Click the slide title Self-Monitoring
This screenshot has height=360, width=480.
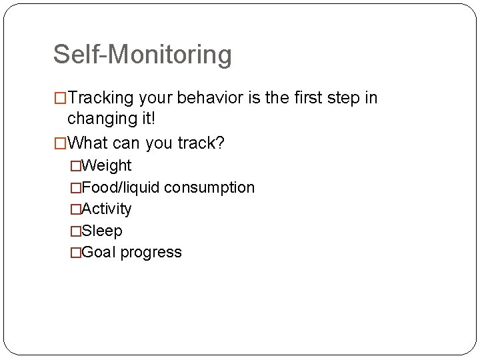[x=142, y=55]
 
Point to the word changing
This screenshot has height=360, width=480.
[x=102, y=119]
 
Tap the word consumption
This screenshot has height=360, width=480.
[x=209, y=187]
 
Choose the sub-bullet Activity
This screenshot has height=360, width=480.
[x=106, y=209]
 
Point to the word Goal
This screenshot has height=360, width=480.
[x=98, y=252]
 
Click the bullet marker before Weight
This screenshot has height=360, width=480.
[x=75, y=166]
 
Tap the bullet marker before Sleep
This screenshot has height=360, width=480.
[x=75, y=231]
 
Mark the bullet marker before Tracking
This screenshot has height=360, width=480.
[x=60, y=99]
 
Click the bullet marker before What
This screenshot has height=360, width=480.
[x=60, y=143]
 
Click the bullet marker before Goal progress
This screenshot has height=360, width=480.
[x=75, y=253]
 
